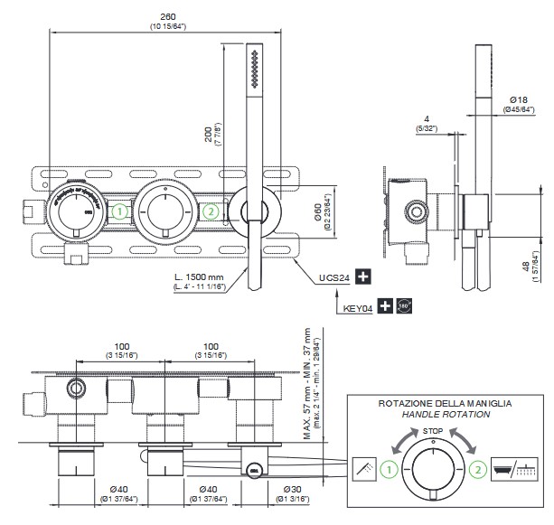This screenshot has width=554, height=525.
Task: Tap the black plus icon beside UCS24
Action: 363,276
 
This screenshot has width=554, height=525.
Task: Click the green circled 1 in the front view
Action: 120,212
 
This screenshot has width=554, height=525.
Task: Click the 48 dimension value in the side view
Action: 525,267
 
